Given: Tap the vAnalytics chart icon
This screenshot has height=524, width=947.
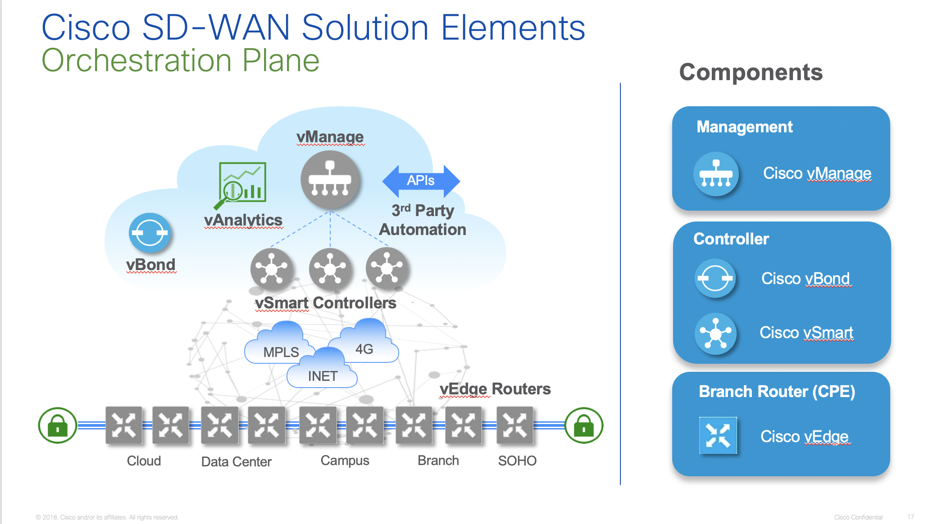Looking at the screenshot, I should pyautogui.click(x=242, y=184).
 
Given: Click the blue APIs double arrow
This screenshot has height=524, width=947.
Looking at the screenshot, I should pyautogui.click(x=421, y=181).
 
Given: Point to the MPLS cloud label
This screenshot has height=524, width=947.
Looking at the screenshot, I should pyautogui.click(x=281, y=352).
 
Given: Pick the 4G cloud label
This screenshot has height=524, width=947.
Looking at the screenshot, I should pyautogui.click(x=364, y=349).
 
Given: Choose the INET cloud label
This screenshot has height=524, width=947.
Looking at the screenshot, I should pyautogui.click(x=323, y=376).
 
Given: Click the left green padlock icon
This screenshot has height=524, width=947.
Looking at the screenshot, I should pyautogui.click(x=57, y=425).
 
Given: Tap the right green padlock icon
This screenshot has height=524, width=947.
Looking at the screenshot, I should pyautogui.click(x=583, y=425).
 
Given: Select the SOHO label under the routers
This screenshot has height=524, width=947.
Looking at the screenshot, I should pyautogui.click(x=517, y=461).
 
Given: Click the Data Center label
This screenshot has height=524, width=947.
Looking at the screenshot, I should pyautogui.click(x=236, y=461).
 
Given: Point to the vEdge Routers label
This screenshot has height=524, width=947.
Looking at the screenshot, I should pyautogui.click(x=495, y=389).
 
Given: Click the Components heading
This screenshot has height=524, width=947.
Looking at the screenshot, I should pyautogui.click(x=751, y=72).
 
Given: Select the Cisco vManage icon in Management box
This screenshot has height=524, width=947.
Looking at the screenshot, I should pyautogui.click(x=716, y=174).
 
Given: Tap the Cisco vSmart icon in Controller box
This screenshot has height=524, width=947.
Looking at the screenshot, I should pyautogui.click(x=715, y=334).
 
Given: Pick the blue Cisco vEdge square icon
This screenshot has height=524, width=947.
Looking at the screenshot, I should pyautogui.click(x=718, y=435).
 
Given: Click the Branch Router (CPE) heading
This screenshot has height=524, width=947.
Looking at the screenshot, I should pyautogui.click(x=777, y=392).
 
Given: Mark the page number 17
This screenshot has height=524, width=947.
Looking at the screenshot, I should pyautogui.click(x=911, y=517).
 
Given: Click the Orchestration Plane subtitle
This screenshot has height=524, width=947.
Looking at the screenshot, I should pyautogui.click(x=180, y=60).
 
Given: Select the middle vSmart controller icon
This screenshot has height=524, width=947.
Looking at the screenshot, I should pyautogui.click(x=330, y=269).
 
